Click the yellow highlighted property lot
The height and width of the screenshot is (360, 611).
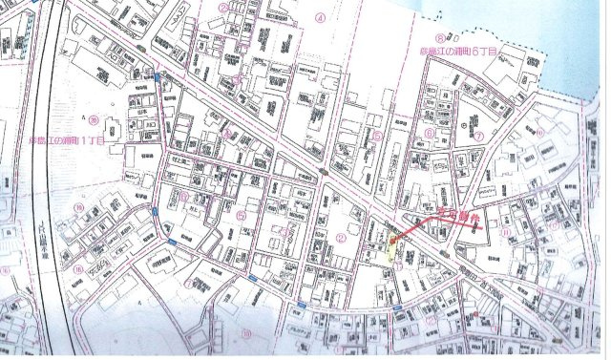click(x=392, y=250)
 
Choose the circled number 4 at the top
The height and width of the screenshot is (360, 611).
click(x=322, y=17)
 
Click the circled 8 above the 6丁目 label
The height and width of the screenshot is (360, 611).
click(x=440, y=36)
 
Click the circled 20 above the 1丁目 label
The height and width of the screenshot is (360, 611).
click(x=96, y=121)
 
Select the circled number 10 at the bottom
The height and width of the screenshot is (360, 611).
click(x=247, y=333)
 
